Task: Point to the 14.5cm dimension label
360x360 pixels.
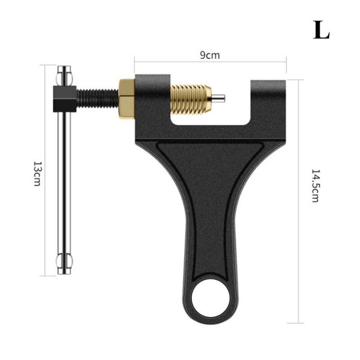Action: (x=315, y=185)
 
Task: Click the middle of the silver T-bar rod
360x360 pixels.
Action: (x=64, y=180)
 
